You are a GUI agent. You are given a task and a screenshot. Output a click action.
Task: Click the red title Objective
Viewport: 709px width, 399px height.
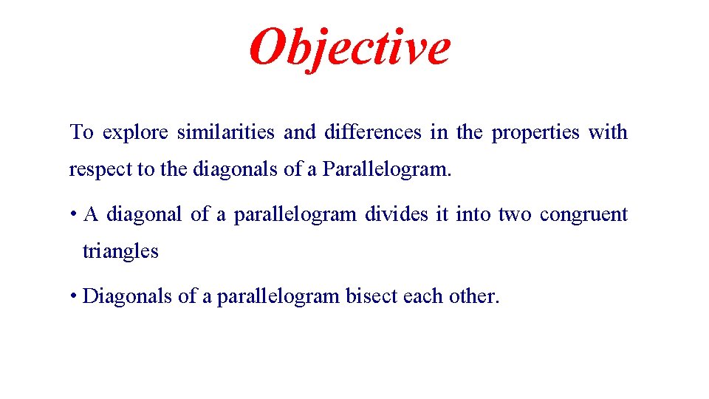[x=349, y=46]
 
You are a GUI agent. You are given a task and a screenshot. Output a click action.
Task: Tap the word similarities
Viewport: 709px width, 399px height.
[x=225, y=133]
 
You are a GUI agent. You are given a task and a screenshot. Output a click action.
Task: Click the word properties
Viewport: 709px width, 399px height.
[x=535, y=133]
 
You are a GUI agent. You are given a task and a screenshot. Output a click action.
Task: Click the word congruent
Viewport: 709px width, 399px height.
[x=583, y=215]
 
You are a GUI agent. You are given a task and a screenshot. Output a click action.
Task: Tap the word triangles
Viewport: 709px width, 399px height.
[x=120, y=252]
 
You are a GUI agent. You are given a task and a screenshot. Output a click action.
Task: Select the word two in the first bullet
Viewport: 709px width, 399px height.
[x=514, y=215]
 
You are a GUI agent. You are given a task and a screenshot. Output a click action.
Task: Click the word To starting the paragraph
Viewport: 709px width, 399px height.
[x=81, y=133]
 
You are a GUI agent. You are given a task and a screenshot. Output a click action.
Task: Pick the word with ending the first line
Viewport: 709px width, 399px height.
[x=608, y=133]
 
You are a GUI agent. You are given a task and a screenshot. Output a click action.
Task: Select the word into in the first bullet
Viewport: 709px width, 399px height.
[x=473, y=215]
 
